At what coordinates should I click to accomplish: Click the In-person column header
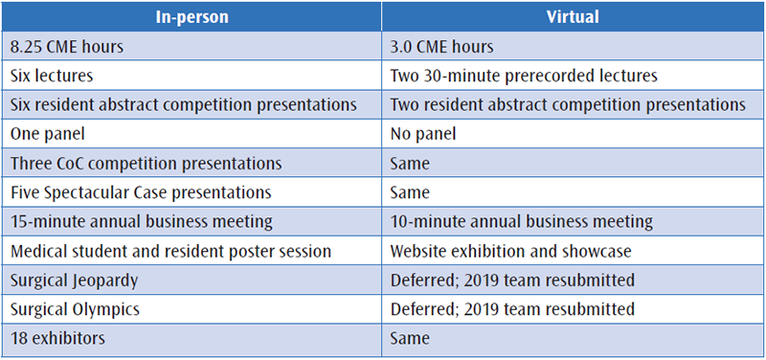click(x=191, y=17)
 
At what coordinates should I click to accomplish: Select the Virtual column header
click(x=573, y=17)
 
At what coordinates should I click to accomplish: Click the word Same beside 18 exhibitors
click(x=410, y=339)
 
